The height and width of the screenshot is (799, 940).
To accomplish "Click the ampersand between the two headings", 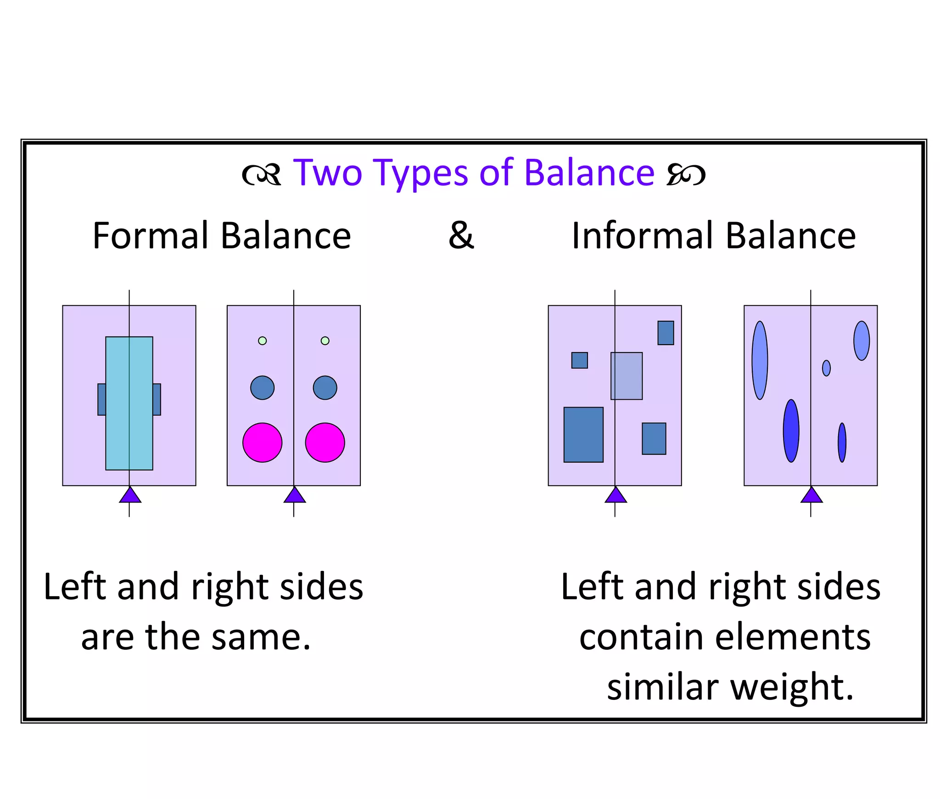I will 461,235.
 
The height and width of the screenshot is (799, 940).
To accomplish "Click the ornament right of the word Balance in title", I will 686,174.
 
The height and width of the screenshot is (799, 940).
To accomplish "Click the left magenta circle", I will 262,442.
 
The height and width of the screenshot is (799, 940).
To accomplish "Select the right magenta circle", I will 325,442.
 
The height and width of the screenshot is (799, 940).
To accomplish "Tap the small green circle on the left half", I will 262,341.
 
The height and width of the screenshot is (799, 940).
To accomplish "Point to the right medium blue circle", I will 325,387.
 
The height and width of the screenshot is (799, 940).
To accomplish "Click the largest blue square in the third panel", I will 583,434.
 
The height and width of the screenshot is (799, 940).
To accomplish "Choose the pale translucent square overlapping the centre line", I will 627,376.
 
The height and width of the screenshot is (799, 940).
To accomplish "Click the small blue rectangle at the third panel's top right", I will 666,333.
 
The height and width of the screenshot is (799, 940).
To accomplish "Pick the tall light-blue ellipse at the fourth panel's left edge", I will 760,360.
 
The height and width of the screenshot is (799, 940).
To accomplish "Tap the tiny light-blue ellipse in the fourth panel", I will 826,368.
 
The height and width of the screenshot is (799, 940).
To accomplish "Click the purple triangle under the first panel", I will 130,495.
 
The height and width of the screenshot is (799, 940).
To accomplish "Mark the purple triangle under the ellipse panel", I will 811,495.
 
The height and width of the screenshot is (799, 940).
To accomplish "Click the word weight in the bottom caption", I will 791,687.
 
